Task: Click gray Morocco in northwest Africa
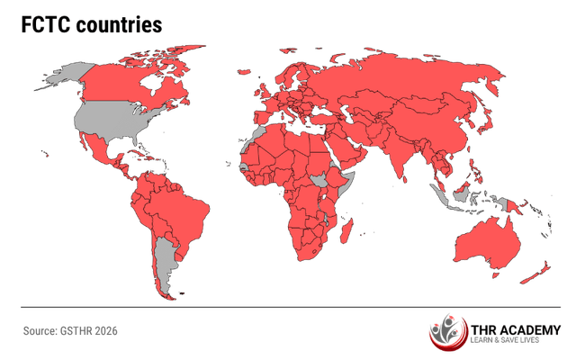click(257, 135)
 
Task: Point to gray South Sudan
click(319, 181)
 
